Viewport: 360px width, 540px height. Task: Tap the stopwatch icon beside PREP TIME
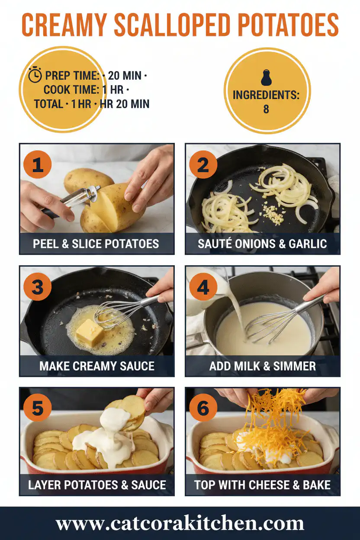click(x=35, y=75)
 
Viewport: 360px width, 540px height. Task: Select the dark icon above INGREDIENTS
click(x=266, y=78)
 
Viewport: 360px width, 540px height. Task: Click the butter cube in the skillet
click(x=89, y=333)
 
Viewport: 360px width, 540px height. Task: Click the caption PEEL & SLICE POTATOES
click(x=96, y=244)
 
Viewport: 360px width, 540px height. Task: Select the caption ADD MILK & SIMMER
click(x=263, y=366)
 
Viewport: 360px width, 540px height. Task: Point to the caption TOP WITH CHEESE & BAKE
click(x=263, y=484)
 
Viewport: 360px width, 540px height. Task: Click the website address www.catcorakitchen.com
click(x=180, y=524)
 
